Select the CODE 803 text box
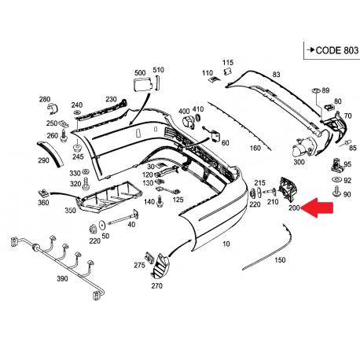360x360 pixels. tap(329, 50)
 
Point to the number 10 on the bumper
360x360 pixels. tap(227, 245)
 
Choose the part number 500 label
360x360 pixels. tap(140, 72)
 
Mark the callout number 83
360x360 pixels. tap(276, 74)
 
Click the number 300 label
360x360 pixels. tap(299, 163)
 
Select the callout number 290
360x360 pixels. tap(42, 160)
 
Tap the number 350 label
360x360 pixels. tap(71, 211)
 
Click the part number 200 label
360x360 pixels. tap(294, 208)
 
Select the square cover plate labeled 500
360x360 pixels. tap(141, 85)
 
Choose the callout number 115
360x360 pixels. tap(227, 62)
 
